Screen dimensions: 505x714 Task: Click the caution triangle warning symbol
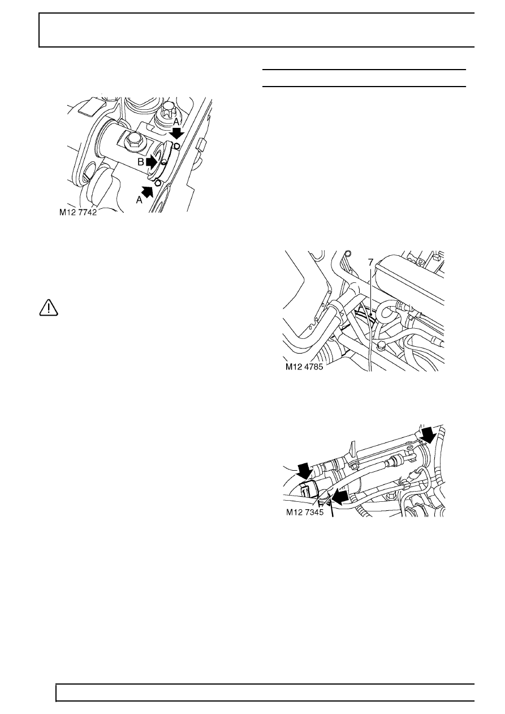pos(49,308)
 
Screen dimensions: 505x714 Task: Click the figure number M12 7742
pos(77,212)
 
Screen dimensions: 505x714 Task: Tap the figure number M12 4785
pos(304,367)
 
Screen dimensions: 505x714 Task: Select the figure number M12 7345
pos(305,512)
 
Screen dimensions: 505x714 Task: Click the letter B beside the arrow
pos(141,162)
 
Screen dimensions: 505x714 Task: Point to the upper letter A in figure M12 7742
pos(176,122)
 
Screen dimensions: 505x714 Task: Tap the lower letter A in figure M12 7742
pos(139,200)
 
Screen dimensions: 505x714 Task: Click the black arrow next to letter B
pos(152,162)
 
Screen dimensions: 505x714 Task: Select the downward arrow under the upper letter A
pos(176,133)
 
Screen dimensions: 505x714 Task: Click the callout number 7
pos(370,263)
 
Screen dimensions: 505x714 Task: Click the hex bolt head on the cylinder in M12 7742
pos(132,140)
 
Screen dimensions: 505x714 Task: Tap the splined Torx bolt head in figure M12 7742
pos(167,110)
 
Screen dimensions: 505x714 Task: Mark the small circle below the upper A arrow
pos(177,147)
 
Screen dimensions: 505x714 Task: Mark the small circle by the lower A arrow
pos(158,183)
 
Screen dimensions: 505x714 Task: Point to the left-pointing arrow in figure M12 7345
pos(339,498)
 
